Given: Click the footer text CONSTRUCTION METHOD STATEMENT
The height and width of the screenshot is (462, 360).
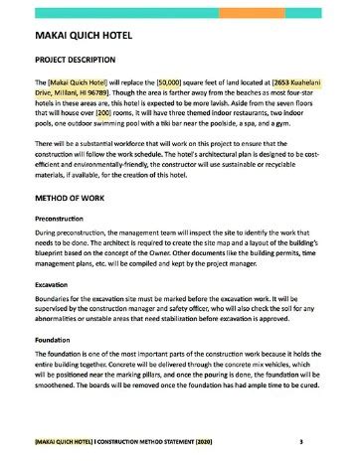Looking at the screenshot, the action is (x=130, y=438).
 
